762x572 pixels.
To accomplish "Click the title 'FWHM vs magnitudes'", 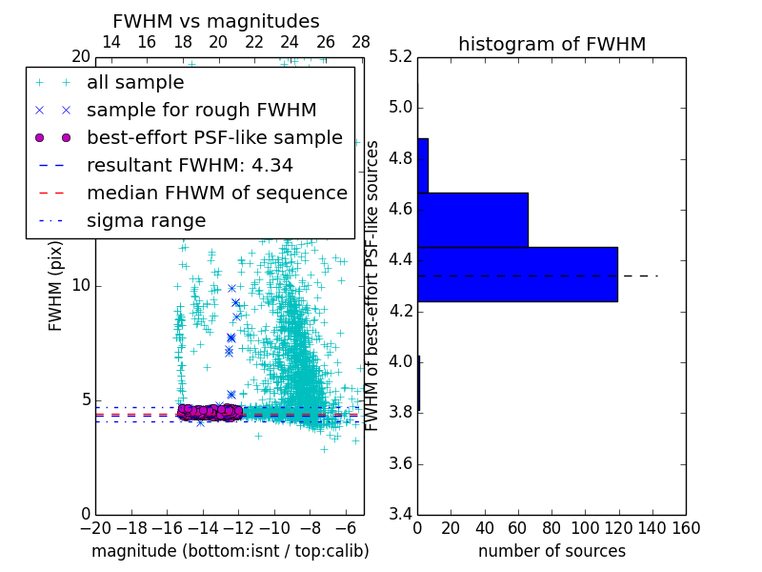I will tap(216, 22).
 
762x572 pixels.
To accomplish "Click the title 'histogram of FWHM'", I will tap(551, 44).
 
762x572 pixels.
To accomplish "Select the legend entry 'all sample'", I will tap(135, 83).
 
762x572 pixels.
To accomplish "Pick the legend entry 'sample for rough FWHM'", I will tap(201, 110).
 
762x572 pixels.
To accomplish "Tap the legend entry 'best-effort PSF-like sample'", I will tap(214, 137).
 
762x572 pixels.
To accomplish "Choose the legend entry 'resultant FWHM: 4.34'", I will tap(190, 165).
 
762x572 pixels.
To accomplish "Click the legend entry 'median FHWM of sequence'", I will tap(216, 193).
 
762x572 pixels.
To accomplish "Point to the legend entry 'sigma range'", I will tap(146, 220).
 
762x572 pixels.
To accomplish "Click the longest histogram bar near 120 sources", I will tap(517, 274).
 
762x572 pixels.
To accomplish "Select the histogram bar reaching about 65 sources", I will tap(472, 219).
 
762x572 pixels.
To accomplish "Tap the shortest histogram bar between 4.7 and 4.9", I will tap(422, 165).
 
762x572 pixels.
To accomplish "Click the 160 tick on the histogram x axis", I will tap(686, 528).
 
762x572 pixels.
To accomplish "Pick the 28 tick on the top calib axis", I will tap(361, 42).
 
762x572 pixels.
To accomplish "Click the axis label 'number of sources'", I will tap(551, 551).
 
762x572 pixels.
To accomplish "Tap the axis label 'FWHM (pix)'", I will tap(56, 286).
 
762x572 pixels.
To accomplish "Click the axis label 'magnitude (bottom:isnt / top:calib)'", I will tap(230, 551).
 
